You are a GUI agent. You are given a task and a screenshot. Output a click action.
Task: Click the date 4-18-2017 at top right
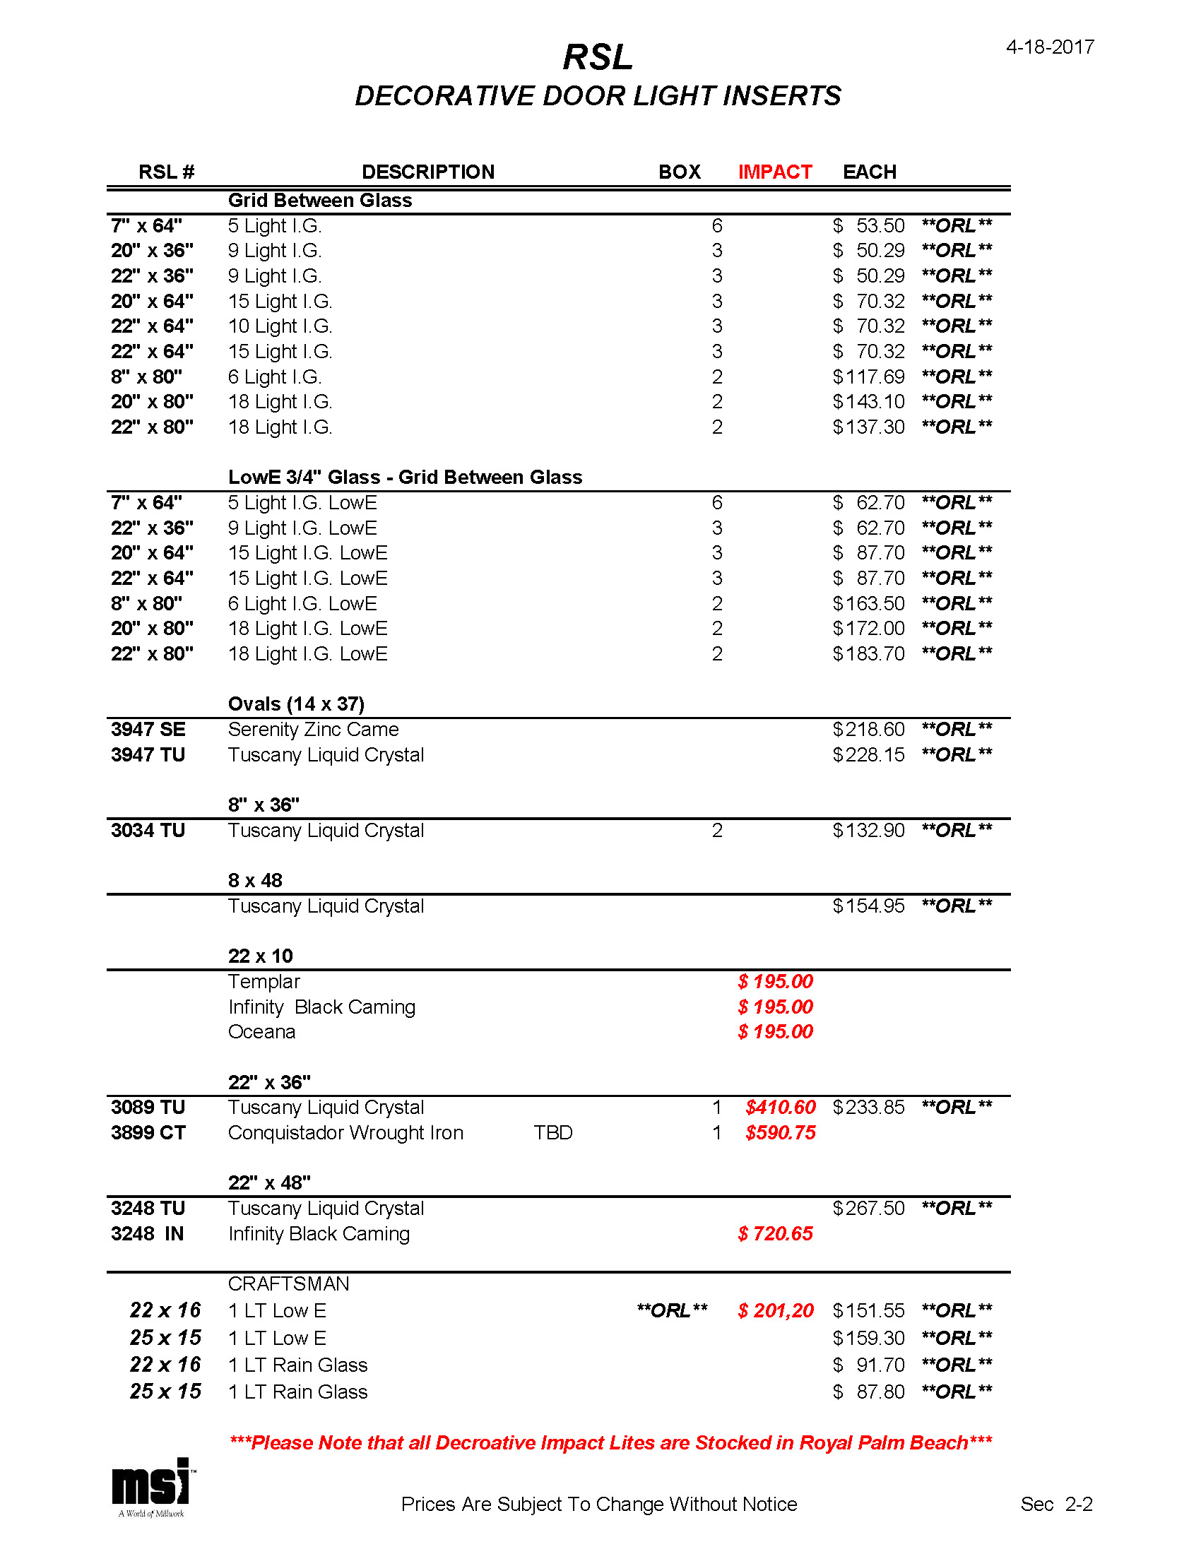tap(1049, 47)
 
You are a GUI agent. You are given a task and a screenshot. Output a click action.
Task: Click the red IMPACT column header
tap(775, 172)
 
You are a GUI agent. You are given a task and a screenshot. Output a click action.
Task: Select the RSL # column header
tap(167, 172)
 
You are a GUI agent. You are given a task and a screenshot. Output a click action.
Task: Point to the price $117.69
tap(869, 376)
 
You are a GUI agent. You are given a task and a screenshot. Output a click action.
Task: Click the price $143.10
tap(869, 401)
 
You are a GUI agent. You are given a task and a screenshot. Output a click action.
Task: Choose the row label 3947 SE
tap(148, 730)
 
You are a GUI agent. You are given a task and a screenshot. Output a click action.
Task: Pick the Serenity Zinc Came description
tap(313, 730)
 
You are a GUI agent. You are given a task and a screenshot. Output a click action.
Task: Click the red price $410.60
tap(781, 1107)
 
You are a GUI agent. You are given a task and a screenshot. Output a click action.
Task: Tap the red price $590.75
tap(781, 1132)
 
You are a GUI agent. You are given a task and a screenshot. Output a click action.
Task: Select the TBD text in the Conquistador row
tap(553, 1132)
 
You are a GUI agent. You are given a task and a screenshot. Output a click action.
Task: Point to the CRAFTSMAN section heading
tap(288, 1283)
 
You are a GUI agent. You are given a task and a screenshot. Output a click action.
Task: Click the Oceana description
tap(261, 1032)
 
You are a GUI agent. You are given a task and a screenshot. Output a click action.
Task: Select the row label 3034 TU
tap(148, 831)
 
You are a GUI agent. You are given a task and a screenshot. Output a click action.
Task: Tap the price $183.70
tap(869, 653)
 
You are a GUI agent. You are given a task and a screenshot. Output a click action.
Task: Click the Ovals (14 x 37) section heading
tap(296, 704)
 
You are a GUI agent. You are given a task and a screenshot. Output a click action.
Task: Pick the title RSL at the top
tap(598, 57)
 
